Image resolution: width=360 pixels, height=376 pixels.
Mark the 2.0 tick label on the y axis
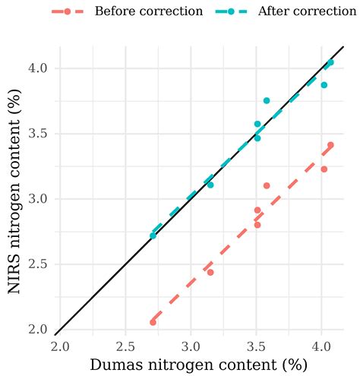(x=39, y=330)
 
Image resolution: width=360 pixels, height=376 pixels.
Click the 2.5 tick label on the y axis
(x=39, y=264)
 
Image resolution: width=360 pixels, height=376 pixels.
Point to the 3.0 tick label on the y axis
(x=39, y=199)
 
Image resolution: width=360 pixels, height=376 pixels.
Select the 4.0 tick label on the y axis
(x=39, y=68)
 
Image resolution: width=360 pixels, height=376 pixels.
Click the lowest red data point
(x=153, y=322)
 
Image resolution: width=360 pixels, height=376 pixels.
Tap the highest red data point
(x=330, y=145)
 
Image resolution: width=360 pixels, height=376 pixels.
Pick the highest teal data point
(x=330, y=62)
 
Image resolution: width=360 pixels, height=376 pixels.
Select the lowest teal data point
(x=153, y=235)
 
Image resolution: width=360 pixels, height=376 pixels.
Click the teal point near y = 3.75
(x=267, y=100)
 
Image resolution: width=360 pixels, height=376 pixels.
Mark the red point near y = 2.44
(x=210, y=272)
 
